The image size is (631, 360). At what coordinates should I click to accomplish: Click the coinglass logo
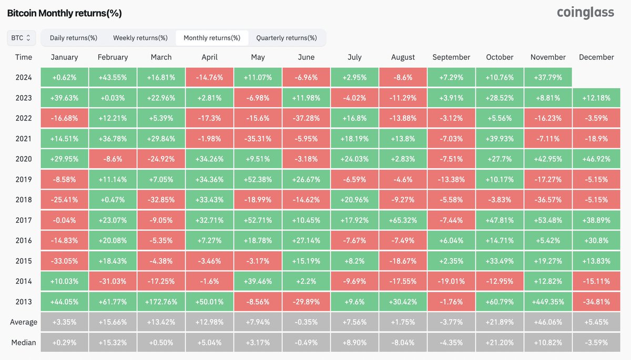click(x=585, y=13)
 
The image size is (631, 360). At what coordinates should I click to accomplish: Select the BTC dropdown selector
click(x=21, y=38)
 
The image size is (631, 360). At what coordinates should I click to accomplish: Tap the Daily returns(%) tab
click(x=74, y=38)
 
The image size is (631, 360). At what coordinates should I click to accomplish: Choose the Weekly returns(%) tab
click(x=140, y=38)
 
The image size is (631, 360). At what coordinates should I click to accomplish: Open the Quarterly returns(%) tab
click(x=287, y=38)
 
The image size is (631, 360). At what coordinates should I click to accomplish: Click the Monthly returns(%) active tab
click(x=212, y=38)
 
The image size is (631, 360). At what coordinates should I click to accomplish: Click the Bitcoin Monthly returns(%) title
click(x=64, y=13)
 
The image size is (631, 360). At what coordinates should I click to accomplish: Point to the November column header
click(x=548, y=57)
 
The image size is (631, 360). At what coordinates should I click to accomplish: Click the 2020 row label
click(x=23, y=159)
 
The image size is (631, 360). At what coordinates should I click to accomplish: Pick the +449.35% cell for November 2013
click(x=548, y=302)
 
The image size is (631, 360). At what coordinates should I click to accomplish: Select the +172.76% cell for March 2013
click(x=161, y=302)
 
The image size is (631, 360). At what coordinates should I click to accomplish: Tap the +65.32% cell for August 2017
click(x=403, y=220)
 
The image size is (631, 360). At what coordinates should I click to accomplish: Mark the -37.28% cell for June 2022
click(x=306, y=118)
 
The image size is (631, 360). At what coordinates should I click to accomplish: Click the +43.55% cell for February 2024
click(x=113, y=78)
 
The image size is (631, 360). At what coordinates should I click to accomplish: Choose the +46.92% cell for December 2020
click(x=596, y=159)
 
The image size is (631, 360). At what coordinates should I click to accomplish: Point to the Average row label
click(x=23, y=322)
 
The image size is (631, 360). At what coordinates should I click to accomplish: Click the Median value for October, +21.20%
click(x=500, y=343)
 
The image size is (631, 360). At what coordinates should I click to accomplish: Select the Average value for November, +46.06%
click(x=548, y=322)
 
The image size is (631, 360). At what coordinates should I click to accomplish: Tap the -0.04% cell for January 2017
click(x=64, y=220)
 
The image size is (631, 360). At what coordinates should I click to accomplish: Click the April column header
click(x=209, y=57)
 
